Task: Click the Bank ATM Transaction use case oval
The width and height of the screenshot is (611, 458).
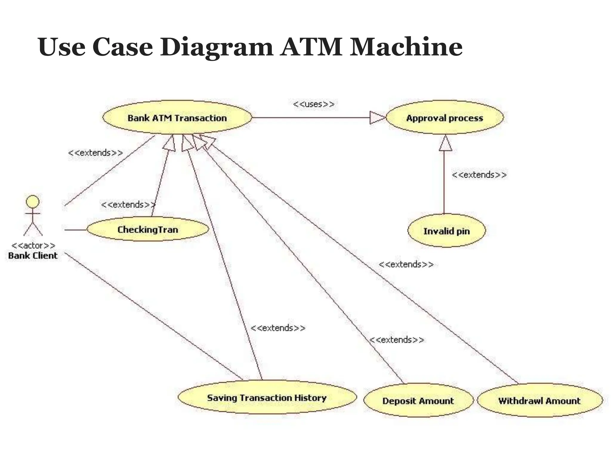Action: tap(177, 118)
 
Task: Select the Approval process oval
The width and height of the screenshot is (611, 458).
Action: tap(444, 118)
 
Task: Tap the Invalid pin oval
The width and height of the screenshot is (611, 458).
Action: tap(446, 231)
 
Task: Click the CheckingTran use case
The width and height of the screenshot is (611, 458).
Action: tap(148, 229)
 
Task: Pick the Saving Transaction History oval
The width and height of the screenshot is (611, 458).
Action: tap(267, 397)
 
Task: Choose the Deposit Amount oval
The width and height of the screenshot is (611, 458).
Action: tap(418, 400)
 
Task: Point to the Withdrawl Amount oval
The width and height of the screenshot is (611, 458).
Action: tap(539, 400)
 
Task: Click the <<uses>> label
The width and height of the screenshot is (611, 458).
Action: tap(314, 104)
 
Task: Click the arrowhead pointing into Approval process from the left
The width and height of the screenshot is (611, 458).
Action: tap(377, 117)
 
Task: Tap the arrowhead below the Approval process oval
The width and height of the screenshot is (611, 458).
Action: tap(445, 144)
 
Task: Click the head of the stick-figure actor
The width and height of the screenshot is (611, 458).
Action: tap(33, 202)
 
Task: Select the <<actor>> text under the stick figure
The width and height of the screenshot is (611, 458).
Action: tap(33, 245)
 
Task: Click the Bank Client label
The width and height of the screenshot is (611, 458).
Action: tap(33, 256)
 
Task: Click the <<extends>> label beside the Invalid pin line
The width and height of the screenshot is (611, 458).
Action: tap(479, 174)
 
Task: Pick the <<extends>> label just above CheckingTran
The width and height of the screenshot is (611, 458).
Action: tap(128, 205)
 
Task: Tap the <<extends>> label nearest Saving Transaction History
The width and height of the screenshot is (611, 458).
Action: tap(278, 328)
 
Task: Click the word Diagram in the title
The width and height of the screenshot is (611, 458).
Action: tap(217, 47)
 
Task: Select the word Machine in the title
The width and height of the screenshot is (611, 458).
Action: tap(406, 47)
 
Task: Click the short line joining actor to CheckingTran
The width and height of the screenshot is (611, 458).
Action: tap(75, 230)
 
